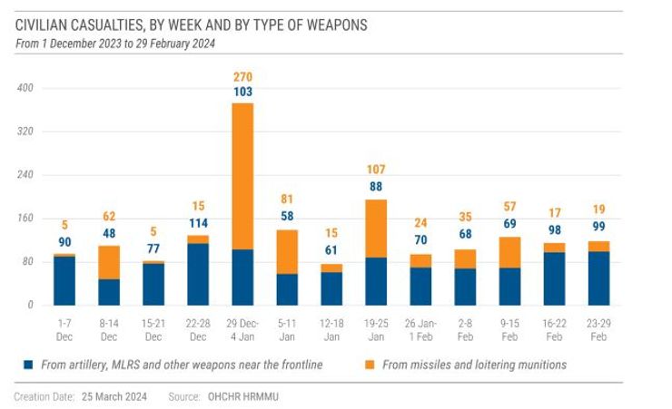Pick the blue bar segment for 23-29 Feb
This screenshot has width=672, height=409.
598,278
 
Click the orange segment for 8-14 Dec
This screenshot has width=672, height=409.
109,262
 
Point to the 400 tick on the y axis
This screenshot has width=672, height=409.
25,88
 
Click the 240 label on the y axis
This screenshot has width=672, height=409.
25,175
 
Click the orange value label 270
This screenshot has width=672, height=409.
242,76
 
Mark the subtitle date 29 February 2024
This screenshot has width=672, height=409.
186,44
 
